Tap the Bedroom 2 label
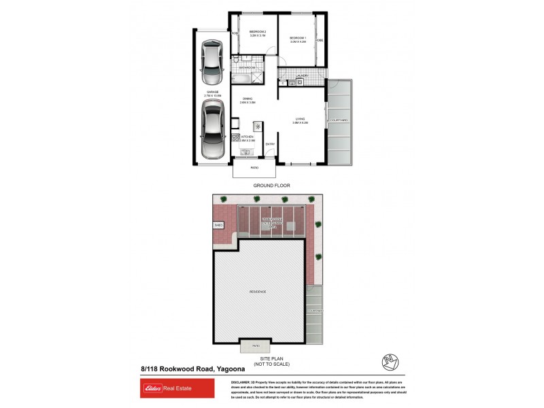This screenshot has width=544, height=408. point(258,33)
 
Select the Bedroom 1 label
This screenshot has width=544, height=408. point(299,38)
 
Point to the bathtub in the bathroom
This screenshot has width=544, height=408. point(248,77)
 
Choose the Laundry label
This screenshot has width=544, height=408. point(303,75)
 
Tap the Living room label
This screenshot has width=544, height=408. point(301,120)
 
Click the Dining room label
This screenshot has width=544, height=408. point(248,100)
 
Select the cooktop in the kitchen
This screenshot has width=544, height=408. point(258,126)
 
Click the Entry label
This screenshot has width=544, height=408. point(270,143)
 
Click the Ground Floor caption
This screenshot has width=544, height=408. point(271,185)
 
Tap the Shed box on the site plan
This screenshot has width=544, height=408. point(219,224)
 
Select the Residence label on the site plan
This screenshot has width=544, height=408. point(257,292)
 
